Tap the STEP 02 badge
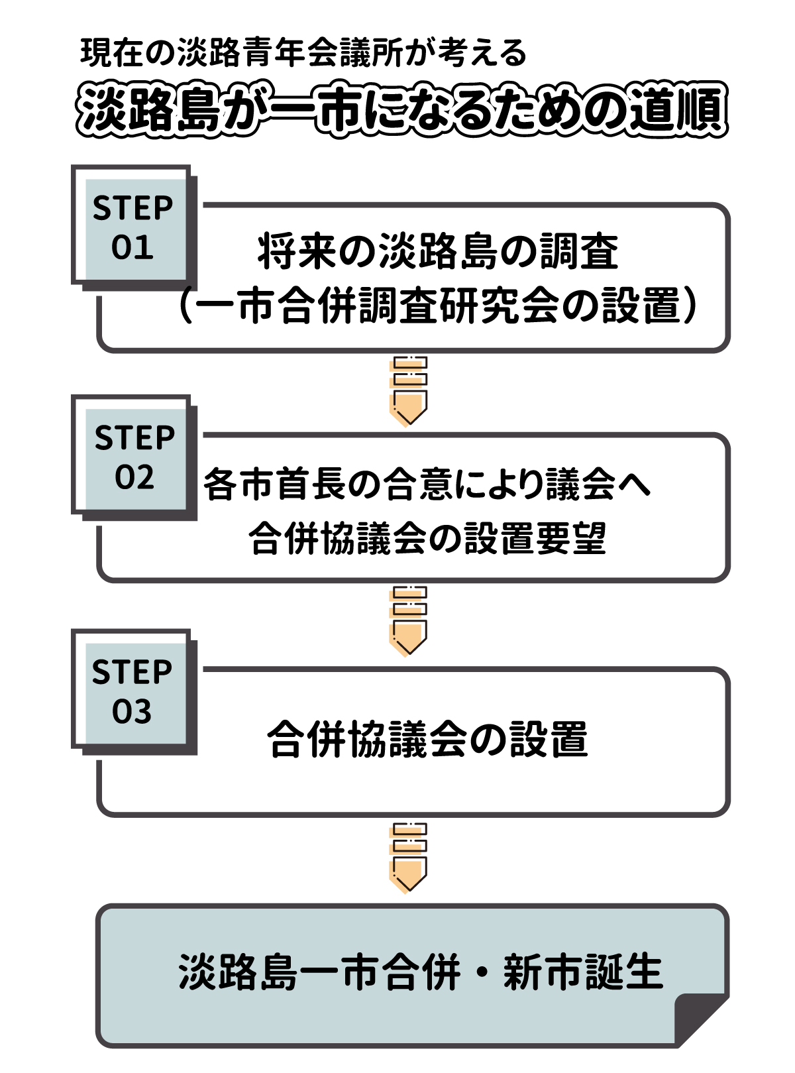click(134, 457)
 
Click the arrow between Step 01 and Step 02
click(409, 391)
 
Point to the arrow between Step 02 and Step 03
click(409, 621)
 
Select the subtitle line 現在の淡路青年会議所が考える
click(303, 53)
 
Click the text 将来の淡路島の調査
click(438, 252)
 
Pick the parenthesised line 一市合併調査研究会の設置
click(438, 307)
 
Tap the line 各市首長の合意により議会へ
click(427, 484)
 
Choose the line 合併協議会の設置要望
click(427, 538)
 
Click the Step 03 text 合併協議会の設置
click(427, 739)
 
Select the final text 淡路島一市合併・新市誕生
click(420, 972)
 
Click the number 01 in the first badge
click(132, 247)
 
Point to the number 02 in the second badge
click(134, 477)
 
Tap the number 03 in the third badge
click(132, 711)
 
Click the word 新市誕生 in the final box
click(583, 972)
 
